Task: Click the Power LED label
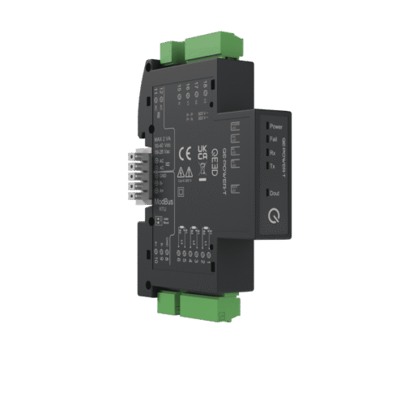click(x=275, y=127)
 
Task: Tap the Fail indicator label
click(x=274, y=140)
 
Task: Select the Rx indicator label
click(x=273, y=153)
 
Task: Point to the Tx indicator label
click(x=273, y=166)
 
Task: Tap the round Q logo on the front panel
click(x=270, y=215)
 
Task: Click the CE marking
click(x=184, y=151)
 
